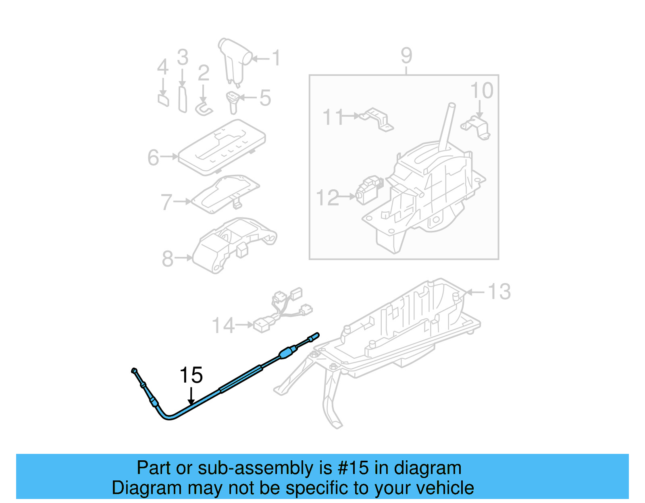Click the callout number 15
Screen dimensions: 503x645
click(191, 375)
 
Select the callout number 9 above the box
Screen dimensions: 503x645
click(406, 56)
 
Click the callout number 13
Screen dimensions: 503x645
click(499, 292)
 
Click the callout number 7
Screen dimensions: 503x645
click(166, 202)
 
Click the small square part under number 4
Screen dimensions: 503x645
click(163, 99)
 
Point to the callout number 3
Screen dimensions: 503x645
click(183, 57)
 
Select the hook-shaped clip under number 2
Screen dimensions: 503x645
click(204, 109)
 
